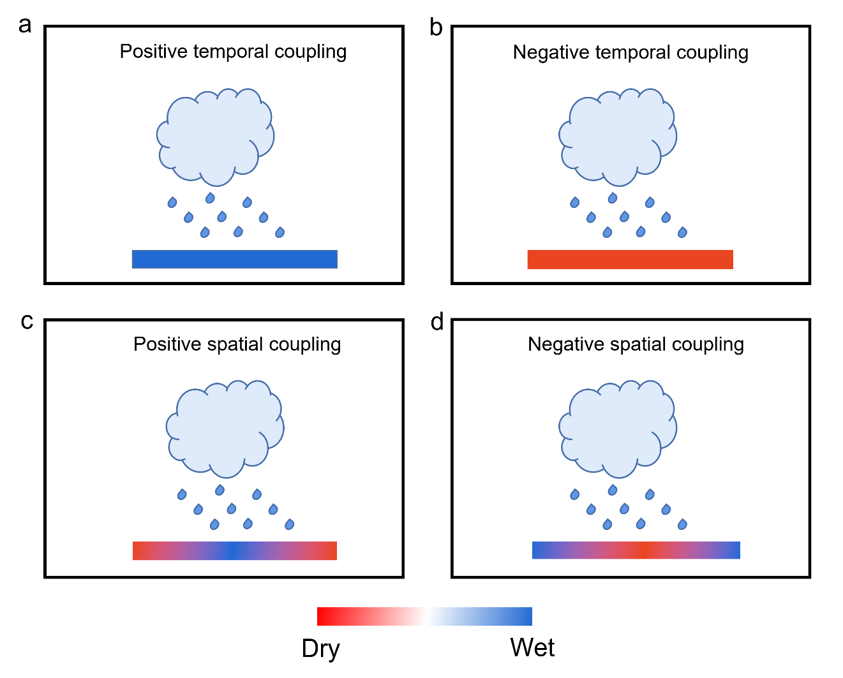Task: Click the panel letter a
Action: (x=25, y=26)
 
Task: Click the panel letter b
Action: (x=436, y=27)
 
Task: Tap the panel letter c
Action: (x=27, y=321)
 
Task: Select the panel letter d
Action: (x=436, y=321)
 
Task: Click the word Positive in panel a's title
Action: (x=154, y=51)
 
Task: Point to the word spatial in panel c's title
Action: (x=235, y=345)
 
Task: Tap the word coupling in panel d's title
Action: (x=708, y=345)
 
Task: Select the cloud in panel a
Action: (x=215, y=137)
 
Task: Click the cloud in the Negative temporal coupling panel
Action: (x=618, y=137)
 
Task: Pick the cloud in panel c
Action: (x=225, y=429)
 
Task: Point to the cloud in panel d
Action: (x=618, y=429)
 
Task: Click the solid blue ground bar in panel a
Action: (x=235, y=260)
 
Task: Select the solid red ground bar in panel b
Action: (x=630, y=260)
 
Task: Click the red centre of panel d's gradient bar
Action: (x=643, y=550)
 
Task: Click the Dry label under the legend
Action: (x=321, y=649)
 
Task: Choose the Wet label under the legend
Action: (x=532, y=647)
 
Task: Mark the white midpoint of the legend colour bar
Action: (x=424, y=617)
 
